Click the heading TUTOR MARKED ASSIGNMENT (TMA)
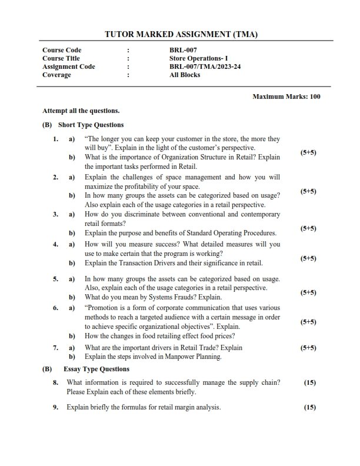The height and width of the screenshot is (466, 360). click(181, 35)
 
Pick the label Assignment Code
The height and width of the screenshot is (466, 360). click(68, 66)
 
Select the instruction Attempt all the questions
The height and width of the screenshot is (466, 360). click(81, 110)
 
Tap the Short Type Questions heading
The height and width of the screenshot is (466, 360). click(91, 125)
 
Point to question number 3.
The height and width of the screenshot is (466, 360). click(55, 215)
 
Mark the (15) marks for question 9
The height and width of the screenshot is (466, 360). click(310, 407)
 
